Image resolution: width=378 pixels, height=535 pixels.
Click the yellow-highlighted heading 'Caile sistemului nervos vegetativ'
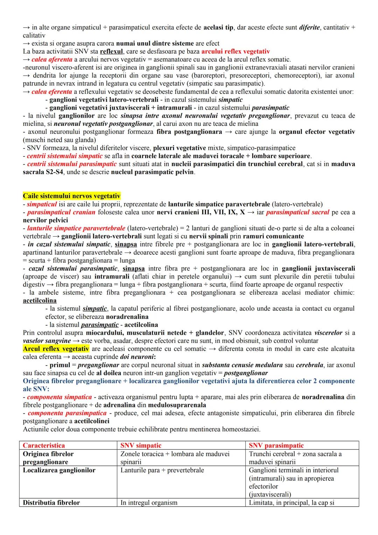[x=71, y=196]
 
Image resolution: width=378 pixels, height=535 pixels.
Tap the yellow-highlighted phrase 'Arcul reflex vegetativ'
[x=56, y=349]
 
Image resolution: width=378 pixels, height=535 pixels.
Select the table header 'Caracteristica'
[x=44, y=445]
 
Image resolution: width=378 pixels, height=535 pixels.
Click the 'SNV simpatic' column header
[x=141, y=445]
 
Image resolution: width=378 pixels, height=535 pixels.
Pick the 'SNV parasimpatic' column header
[x=276, y=445]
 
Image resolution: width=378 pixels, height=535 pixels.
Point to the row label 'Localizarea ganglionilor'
[x=59, y=470]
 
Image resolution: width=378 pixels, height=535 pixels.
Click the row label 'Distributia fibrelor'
[x=51, y=502]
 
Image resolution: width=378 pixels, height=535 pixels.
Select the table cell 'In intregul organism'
[x=149, y=502]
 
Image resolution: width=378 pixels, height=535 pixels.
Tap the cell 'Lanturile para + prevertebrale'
[x=162, y=470]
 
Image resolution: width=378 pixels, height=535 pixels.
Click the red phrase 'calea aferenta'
[x=52, y=60]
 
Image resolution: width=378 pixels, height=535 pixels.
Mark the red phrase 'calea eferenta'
[x=52, y=92]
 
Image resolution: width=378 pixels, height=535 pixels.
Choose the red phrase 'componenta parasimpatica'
[x=67, y=413]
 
